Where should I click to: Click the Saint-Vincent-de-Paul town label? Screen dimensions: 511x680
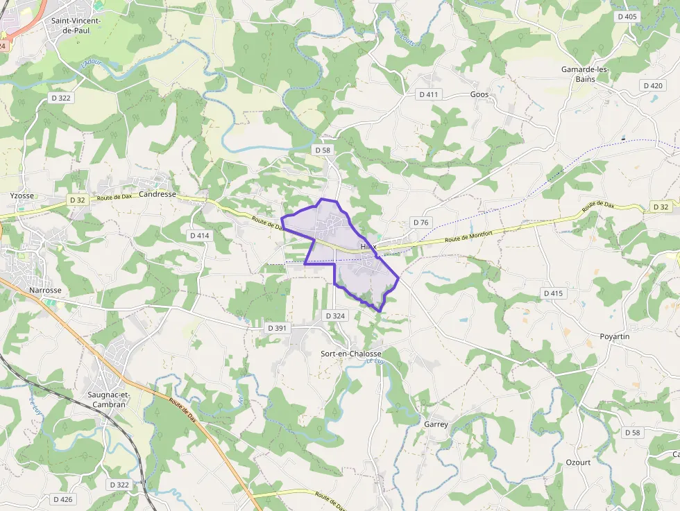[x=76, y=26]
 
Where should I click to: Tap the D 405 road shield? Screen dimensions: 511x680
[x=627, y=17]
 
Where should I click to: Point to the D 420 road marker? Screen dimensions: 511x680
[x=653, y=86]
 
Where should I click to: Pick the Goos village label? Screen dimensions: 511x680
[x=479, y=94]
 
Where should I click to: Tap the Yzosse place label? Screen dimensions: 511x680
[x=22, y=196]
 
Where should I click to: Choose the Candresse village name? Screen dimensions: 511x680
[x=158, y=195]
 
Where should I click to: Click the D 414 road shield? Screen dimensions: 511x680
[x=199, y=236]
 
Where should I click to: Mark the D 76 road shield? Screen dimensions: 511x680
[x=421, y=223]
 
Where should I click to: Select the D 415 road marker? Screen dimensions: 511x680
[x=553, y=293]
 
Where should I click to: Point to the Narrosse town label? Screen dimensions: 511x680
[x=45, y=290]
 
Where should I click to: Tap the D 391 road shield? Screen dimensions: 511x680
[x=277, y=327]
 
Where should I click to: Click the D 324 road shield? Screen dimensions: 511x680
[x=335, y=316]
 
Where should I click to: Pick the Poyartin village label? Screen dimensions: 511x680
[x=615, y=336]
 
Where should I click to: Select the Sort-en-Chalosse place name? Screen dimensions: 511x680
[x=351, y=354]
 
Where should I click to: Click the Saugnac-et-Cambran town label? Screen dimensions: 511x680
[x=108, y=399]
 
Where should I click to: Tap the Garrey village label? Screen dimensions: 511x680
[x=436, y=424]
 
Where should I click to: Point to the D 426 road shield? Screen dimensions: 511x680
[x=62, y=499]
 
